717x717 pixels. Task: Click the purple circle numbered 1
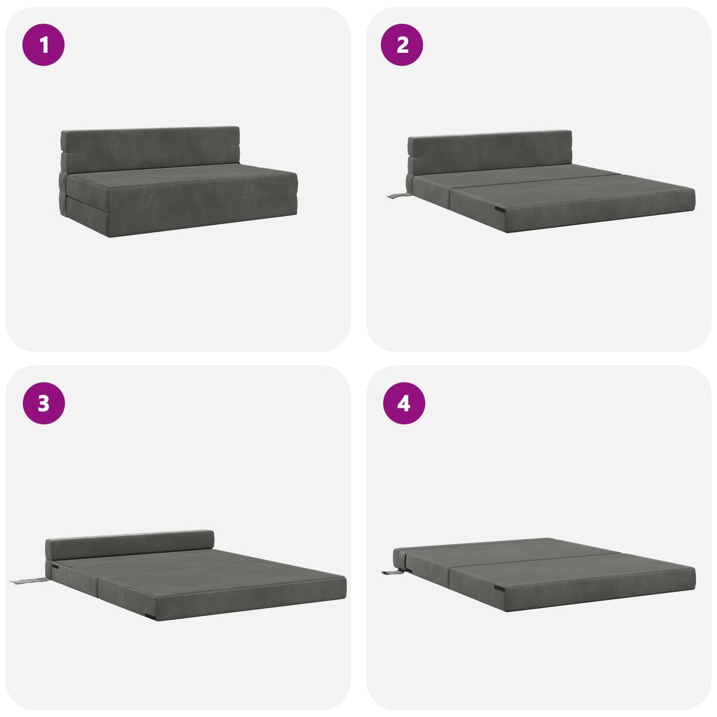[44, 45]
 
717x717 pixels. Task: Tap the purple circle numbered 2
[402, 45]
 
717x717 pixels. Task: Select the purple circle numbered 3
[44, 403]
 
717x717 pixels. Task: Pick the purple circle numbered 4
[404, 403]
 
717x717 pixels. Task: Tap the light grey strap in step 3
[28, 580]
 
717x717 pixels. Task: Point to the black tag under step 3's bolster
[59, 567]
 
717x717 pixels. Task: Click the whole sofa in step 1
[179, 182]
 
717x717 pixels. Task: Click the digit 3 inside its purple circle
[44, 403]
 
